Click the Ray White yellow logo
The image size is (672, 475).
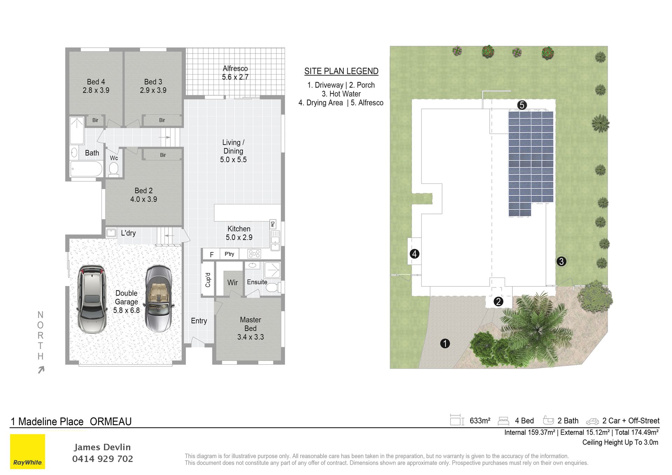(x=28, y=451)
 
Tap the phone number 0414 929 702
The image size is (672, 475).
(x=103, y=459)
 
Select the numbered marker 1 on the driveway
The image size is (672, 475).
(x=445, y=343)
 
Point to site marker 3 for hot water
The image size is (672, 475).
(x=561, y=261)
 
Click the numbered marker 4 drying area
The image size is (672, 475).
(x=414, y=254)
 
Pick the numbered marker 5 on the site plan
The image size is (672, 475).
(x=522, y=105)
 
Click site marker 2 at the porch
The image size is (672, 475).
(x=498, y=301)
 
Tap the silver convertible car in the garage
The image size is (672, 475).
(x=159, y=299)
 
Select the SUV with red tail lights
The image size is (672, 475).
(x=92, y=299)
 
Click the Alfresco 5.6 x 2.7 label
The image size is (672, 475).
(x=235, y=73)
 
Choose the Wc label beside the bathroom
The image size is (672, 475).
(x=114, y=158)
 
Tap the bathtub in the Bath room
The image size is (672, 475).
(x=86, y=169)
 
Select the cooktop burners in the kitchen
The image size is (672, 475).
(x=254, y=254)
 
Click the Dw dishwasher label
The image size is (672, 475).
(x=273, y=224)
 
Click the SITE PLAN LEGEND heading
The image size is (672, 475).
(x=341, y=71)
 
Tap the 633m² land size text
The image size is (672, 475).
(x=480, y=421)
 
